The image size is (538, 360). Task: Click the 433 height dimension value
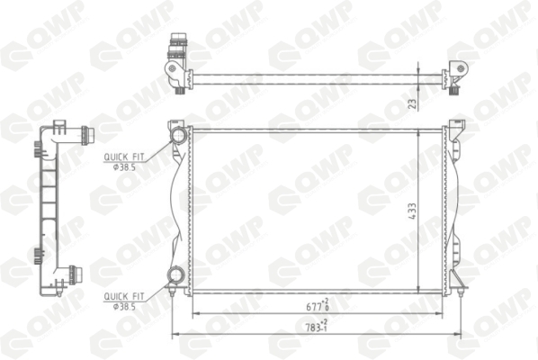point(412,211)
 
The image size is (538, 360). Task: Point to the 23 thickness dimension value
point(413,103)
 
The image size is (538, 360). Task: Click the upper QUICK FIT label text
point(124,157)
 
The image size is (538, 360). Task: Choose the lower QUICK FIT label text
point(124,296)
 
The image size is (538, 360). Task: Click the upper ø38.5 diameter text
point(124,167)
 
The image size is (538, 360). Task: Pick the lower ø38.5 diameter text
point(124,307)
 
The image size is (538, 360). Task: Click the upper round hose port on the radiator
point(179,134)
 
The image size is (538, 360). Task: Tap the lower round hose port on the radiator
point(175,275)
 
